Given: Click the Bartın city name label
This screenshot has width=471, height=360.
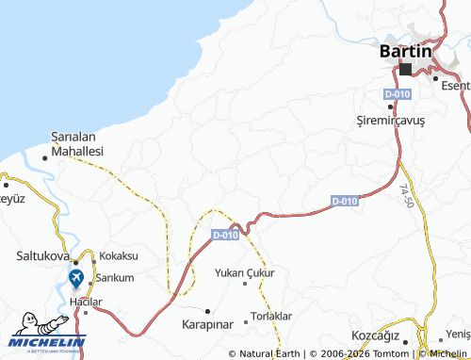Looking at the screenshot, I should (405, 51).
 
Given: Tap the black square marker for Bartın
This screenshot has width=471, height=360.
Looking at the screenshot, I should (406, 70).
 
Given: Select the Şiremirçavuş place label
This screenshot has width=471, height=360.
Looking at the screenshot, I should (392, 122).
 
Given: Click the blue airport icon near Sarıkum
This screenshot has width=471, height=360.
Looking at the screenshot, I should (75, 278).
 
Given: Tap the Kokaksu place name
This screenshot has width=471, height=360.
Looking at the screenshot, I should (119, 255).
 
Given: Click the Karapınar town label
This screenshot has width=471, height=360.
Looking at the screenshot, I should (206, 323).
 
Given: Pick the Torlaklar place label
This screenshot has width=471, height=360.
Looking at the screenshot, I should (272, 316).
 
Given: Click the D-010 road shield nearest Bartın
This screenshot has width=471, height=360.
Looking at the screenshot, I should (397, 95).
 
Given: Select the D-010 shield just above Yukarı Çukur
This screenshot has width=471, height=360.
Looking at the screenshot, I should (225, 236).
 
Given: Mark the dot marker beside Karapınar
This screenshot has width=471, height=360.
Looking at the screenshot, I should (208, 309).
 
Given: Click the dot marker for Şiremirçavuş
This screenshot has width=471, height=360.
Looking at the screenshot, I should (392, 109).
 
